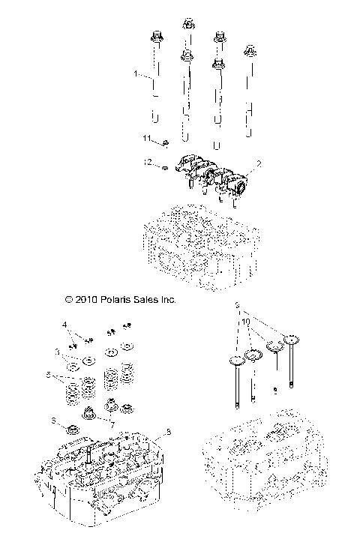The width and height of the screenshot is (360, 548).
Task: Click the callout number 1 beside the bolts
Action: pos(136,75)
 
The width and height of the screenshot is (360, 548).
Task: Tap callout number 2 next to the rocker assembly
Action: pos(259,164)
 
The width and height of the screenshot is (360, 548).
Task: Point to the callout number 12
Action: pos(148,162)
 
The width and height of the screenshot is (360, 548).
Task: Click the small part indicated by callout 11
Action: pos(166,142)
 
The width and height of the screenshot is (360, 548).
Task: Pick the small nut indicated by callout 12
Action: pos(165,168)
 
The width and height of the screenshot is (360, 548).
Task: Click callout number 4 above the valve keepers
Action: pos(64,325)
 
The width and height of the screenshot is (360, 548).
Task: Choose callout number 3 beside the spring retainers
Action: pos(57,350)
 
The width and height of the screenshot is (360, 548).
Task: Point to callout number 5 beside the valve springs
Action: pos(49,374)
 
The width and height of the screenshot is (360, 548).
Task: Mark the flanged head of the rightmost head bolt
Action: pos(248,52)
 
